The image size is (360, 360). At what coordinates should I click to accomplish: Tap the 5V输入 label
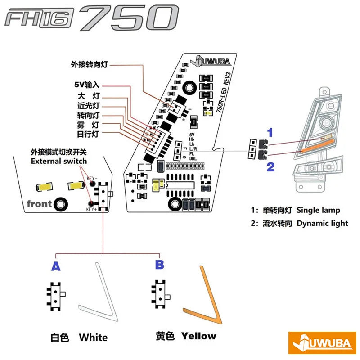[87, 85]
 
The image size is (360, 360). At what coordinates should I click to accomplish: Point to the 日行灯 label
[88, 134]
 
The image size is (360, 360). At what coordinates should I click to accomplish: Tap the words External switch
[59, 161]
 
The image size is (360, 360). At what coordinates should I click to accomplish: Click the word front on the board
[39, 203]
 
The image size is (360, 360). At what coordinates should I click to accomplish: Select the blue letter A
[56, 266]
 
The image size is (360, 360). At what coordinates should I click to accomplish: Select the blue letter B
[159, 265]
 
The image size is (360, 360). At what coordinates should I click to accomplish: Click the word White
[93, 337]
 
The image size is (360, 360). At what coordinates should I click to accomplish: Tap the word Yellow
[198, 336]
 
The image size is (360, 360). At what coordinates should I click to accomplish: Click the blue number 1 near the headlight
[270, 132]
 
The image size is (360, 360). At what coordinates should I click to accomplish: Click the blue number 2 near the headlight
[270, 167]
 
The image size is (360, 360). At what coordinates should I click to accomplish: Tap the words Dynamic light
[322, 223]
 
